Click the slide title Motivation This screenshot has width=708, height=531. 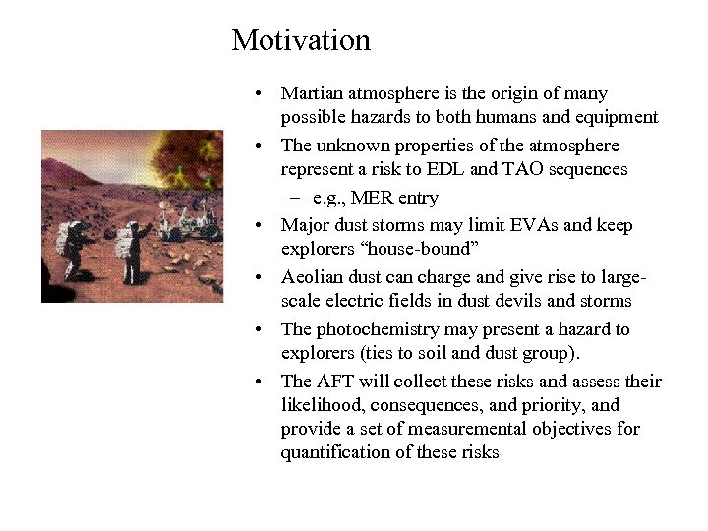301,40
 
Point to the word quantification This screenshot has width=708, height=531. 330,452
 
